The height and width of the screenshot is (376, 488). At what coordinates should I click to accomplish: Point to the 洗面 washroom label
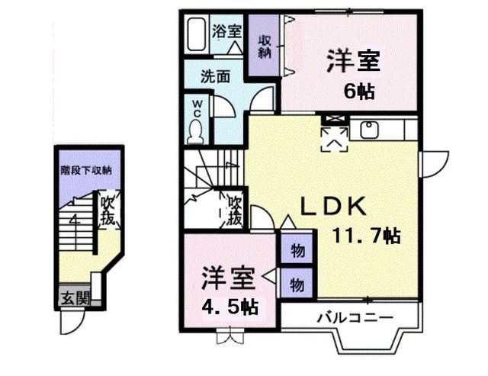pyautogui.click(x=216, y=76)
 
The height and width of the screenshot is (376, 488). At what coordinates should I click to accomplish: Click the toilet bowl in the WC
pyautogui.click(x=194, y=132)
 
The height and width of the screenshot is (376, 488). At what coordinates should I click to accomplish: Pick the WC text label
pyautogui.click(x=195, y=109)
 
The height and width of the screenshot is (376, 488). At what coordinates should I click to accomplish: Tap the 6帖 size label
pyautogui.click(x=358, y=92)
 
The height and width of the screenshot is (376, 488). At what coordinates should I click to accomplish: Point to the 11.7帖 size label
pyautogui.click(x=365, y=235)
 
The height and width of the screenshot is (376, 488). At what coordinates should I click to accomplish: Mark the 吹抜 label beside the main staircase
pyautogui.click(x=236, y=211)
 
